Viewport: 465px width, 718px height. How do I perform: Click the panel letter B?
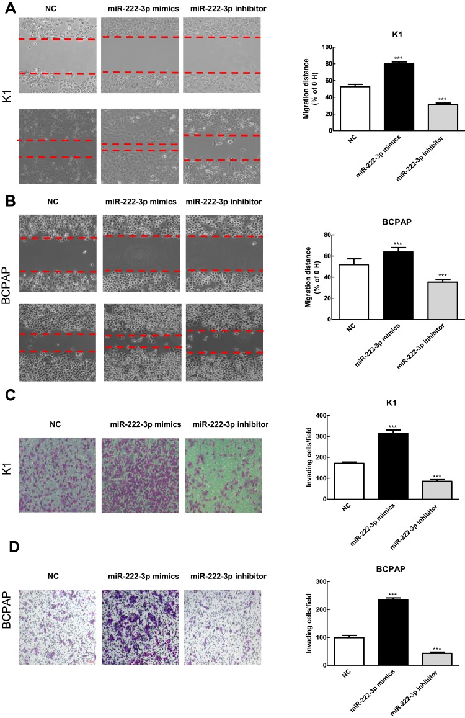(x=7, y=201)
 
